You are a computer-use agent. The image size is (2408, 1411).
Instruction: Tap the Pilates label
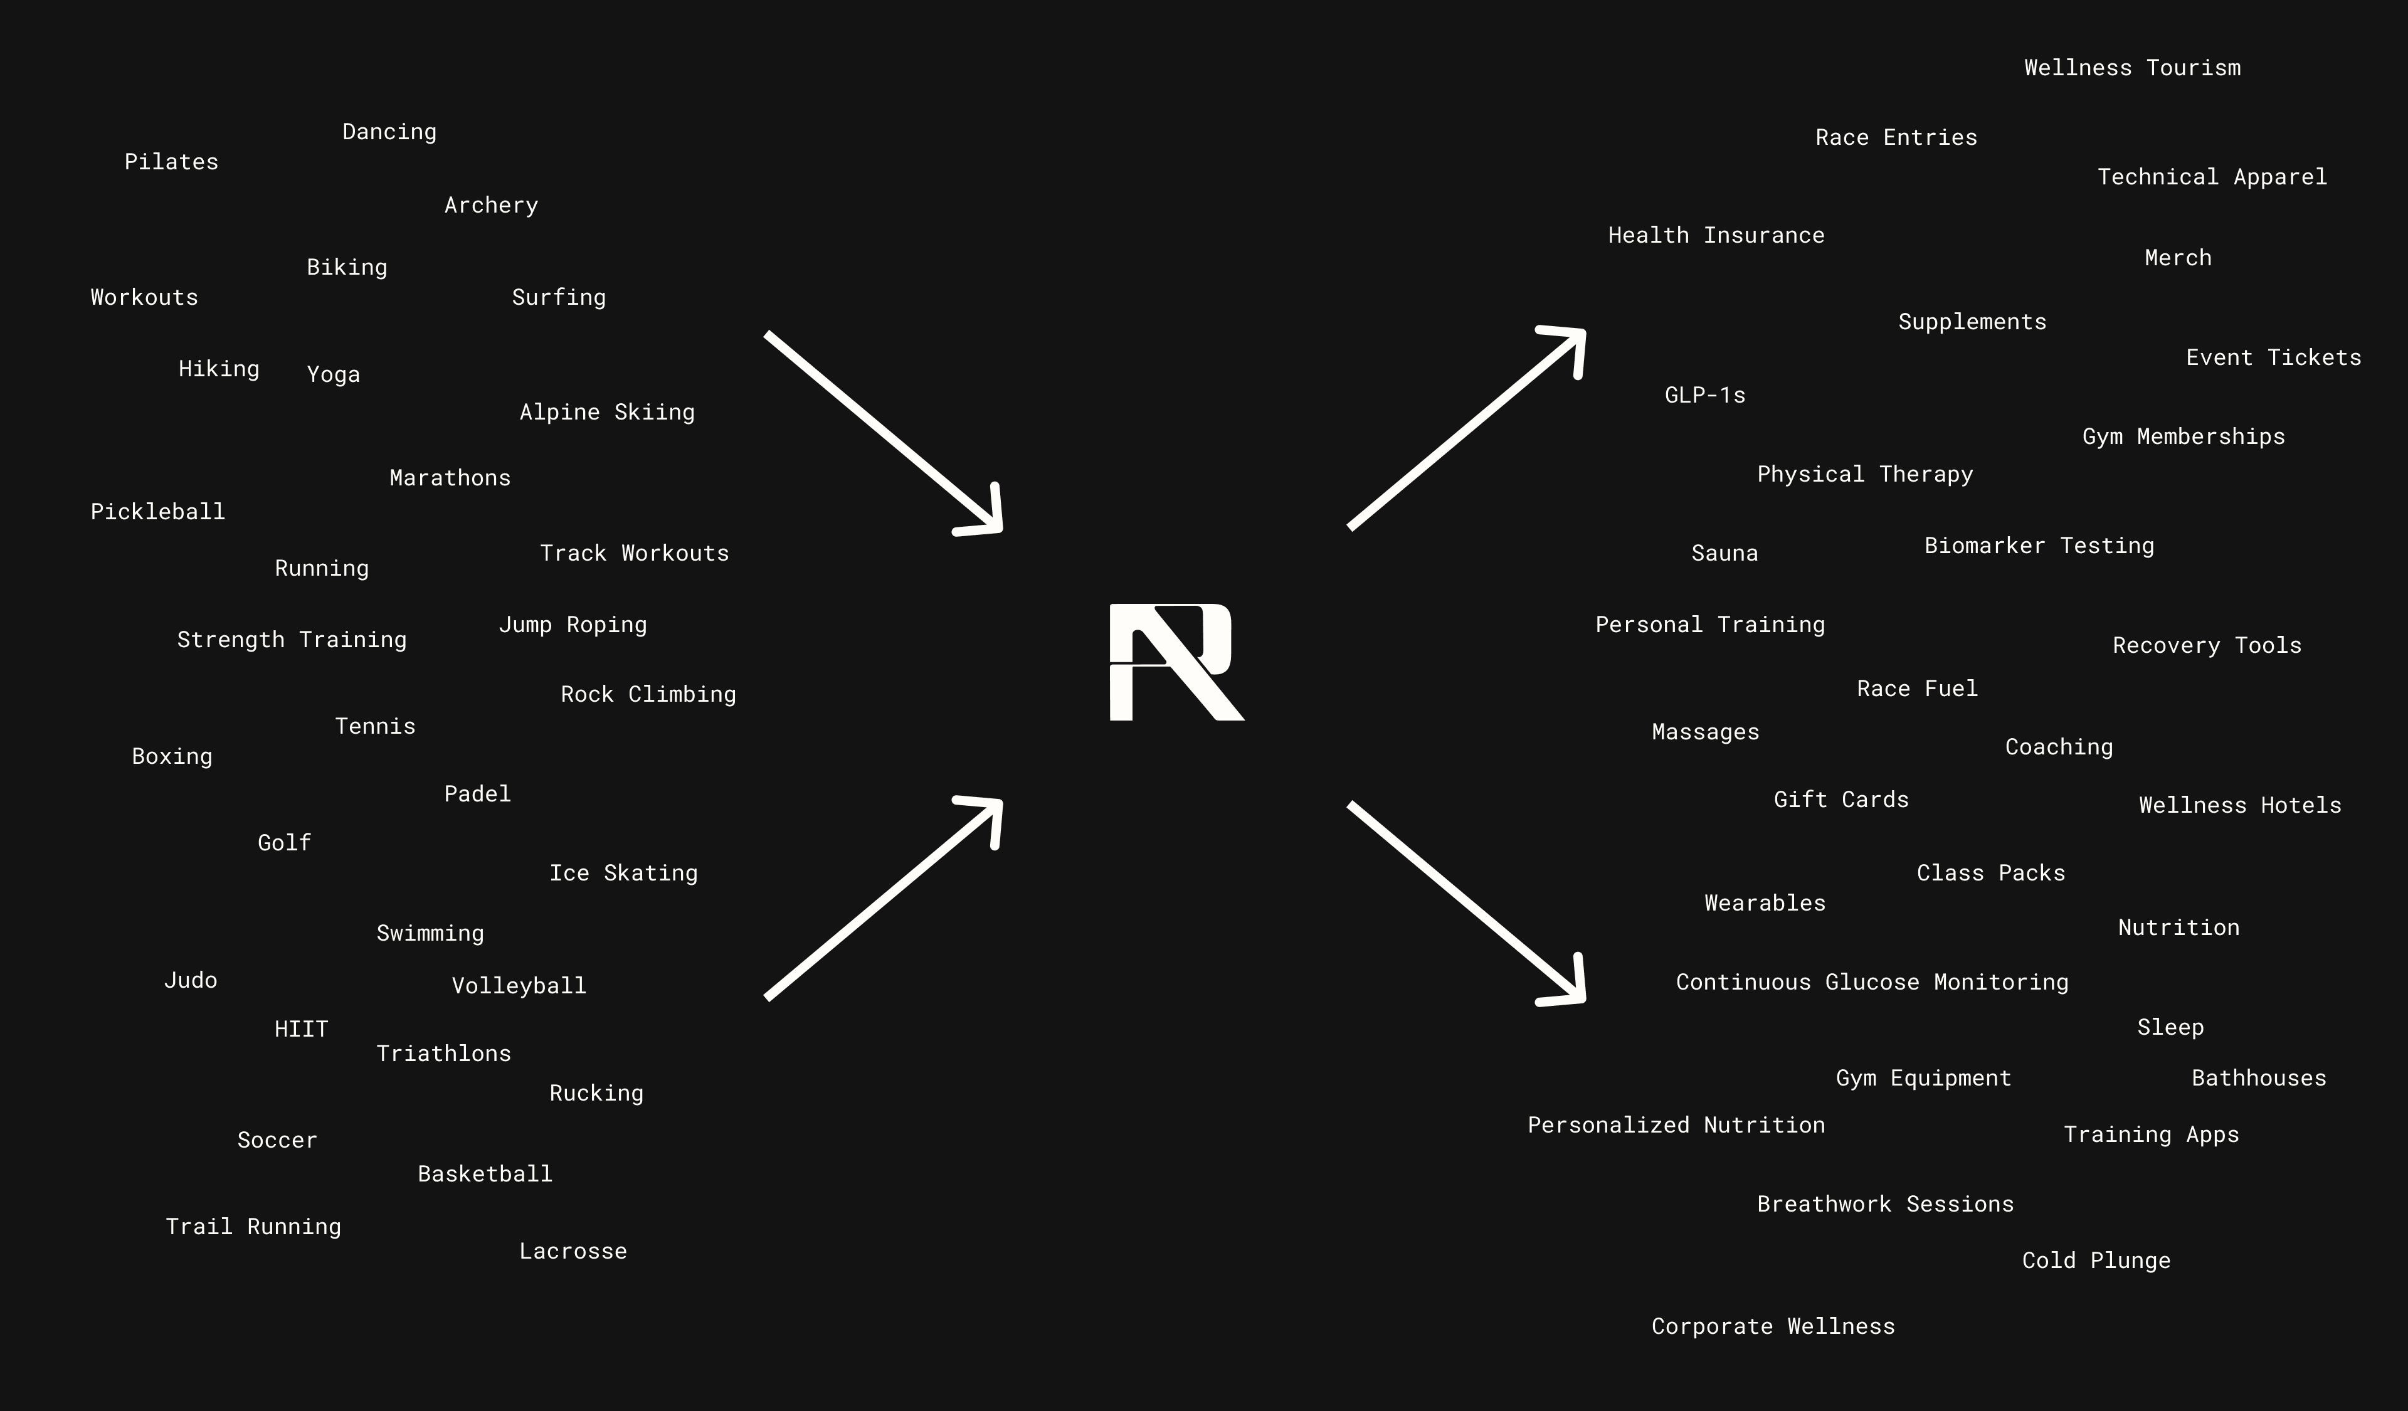[x=171, y=162]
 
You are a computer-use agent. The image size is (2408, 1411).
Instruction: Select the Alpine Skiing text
[x=607, y=413]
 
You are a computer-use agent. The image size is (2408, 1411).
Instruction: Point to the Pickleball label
[x=157, y=512]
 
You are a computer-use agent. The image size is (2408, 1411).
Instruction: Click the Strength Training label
[x=292, y=640]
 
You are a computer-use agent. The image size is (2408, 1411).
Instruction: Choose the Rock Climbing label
[x=648, y=694]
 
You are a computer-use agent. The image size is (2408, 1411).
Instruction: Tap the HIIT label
[x=301, y=1029]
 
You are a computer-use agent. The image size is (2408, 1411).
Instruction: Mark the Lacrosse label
[x=573, y=1252]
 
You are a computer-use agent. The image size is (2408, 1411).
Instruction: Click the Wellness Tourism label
[x=2132, y=68]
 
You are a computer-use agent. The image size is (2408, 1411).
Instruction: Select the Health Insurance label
[x=1716, y=236]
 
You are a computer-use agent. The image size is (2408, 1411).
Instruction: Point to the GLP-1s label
[x=1704, y=396]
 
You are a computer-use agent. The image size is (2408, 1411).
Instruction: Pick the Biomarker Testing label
[x=2039, y=546]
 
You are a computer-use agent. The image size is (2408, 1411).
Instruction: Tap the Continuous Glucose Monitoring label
[x=1872, y=982]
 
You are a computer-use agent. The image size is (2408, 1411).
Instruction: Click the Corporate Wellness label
[x=1773, y=1327]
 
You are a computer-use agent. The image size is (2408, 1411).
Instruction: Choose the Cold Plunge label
[x=2096, y=1261]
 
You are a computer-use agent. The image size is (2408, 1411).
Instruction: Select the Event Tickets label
[x=2273, y=358]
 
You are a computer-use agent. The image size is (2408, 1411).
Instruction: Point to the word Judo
[x=190, y=980]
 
